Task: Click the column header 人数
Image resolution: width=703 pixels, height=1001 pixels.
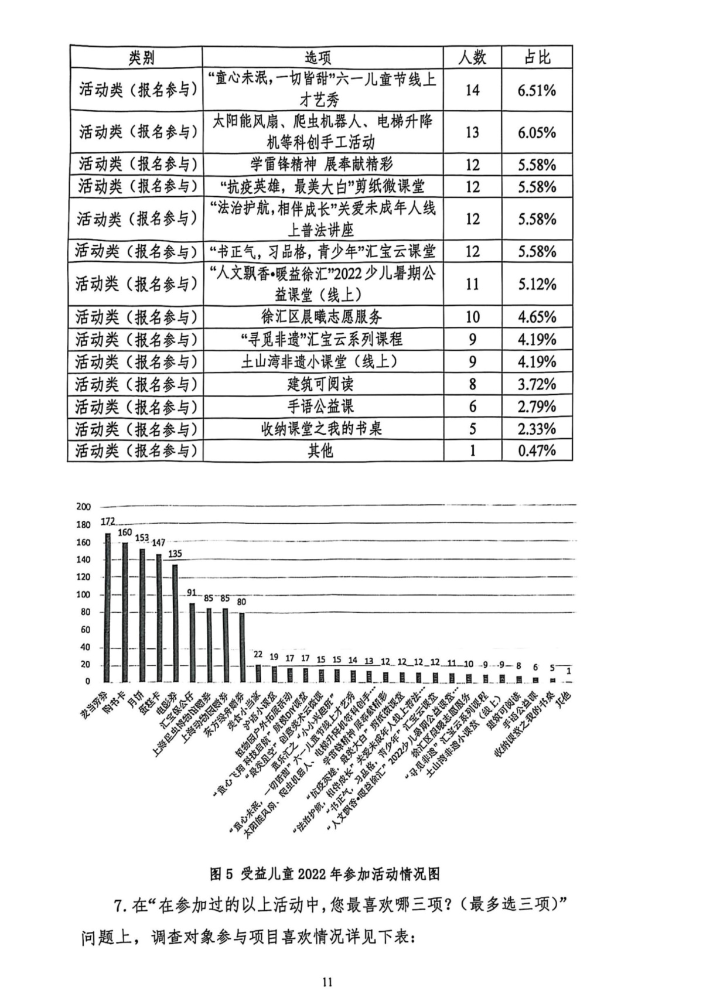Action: [x=472, y=57]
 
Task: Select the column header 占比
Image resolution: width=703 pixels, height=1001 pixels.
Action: [x=537, y=57]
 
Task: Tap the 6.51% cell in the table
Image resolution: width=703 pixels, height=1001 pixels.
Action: [x=537, y=90]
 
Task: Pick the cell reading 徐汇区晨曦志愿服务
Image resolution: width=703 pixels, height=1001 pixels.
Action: [x=322, y=317]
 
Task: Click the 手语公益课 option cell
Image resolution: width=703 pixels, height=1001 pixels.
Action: [x=322, y=406]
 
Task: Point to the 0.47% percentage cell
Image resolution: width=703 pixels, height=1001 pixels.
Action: [x=537, y=451]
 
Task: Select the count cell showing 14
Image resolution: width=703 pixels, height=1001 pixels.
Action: [x=472, y=90]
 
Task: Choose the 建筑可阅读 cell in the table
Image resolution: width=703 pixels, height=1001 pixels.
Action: [x=322, y=384]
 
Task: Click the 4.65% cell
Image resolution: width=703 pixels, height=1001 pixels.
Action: [x=537, y=317]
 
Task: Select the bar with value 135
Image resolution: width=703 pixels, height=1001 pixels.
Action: [x=175, y=623]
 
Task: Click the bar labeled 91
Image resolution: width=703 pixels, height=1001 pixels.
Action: [x=192, y=642]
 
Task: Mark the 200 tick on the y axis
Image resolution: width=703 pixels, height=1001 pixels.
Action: [x=84, y=507]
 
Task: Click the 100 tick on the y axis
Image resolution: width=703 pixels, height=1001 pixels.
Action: [x=84, y=595]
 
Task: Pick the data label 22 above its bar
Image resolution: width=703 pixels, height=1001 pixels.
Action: [x=258, y=655]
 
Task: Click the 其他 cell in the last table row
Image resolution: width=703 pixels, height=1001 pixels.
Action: [x=322, y=451]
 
